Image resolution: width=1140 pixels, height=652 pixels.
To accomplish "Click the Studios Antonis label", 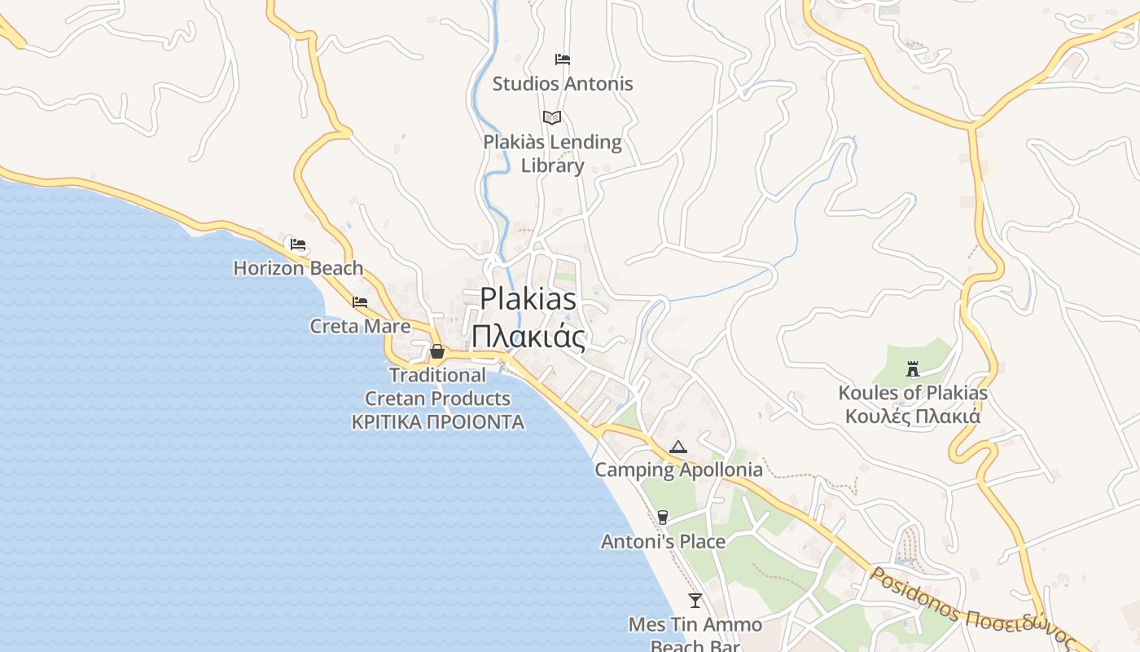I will (x=562, y=83).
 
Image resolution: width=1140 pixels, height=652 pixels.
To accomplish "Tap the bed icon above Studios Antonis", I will (x=562, y=59).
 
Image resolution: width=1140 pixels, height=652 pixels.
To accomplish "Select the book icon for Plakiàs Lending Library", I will (x=552, y=117).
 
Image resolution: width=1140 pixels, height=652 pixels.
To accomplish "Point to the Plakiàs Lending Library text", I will (x=552, y=153).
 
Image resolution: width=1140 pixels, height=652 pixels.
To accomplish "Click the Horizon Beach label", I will (x=298, y=268).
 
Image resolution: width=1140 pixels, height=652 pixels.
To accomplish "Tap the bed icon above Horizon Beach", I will (x=298, y=244).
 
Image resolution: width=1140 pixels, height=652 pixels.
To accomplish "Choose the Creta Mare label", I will (x=360, y=326).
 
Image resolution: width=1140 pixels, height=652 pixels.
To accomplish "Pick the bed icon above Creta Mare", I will (x=360, y=302).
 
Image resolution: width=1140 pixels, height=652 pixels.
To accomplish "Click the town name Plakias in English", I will (x=528, y=298).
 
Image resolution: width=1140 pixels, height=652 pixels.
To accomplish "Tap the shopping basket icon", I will (x=437, y=351).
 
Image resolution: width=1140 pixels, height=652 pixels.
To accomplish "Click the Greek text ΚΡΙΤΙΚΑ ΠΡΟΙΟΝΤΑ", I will (x=437, y=422).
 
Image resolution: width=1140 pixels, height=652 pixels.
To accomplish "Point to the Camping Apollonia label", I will (x=678, y=469).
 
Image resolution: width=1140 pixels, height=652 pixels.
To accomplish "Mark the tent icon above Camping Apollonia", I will (x=678, y=447).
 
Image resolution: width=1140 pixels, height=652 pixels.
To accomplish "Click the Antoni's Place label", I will (x=663, y=541).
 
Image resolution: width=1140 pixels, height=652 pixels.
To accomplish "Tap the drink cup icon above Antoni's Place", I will (x=662, y=517).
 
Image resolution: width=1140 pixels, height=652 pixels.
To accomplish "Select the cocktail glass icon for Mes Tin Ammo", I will (x=695, y=601).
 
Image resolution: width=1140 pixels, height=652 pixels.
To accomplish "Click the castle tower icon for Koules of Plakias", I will (x=912, y=368).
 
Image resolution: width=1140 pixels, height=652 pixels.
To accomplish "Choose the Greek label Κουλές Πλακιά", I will (x=912, y=416).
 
